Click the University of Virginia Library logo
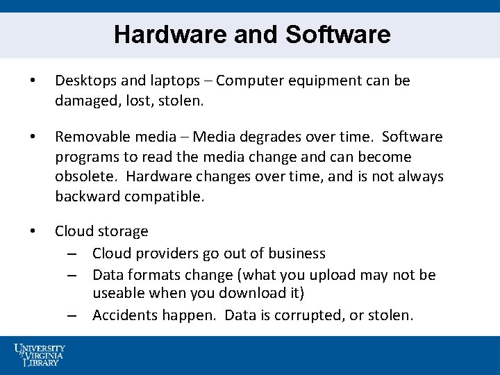39,354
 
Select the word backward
87,196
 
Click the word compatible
164,196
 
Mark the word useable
119,294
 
